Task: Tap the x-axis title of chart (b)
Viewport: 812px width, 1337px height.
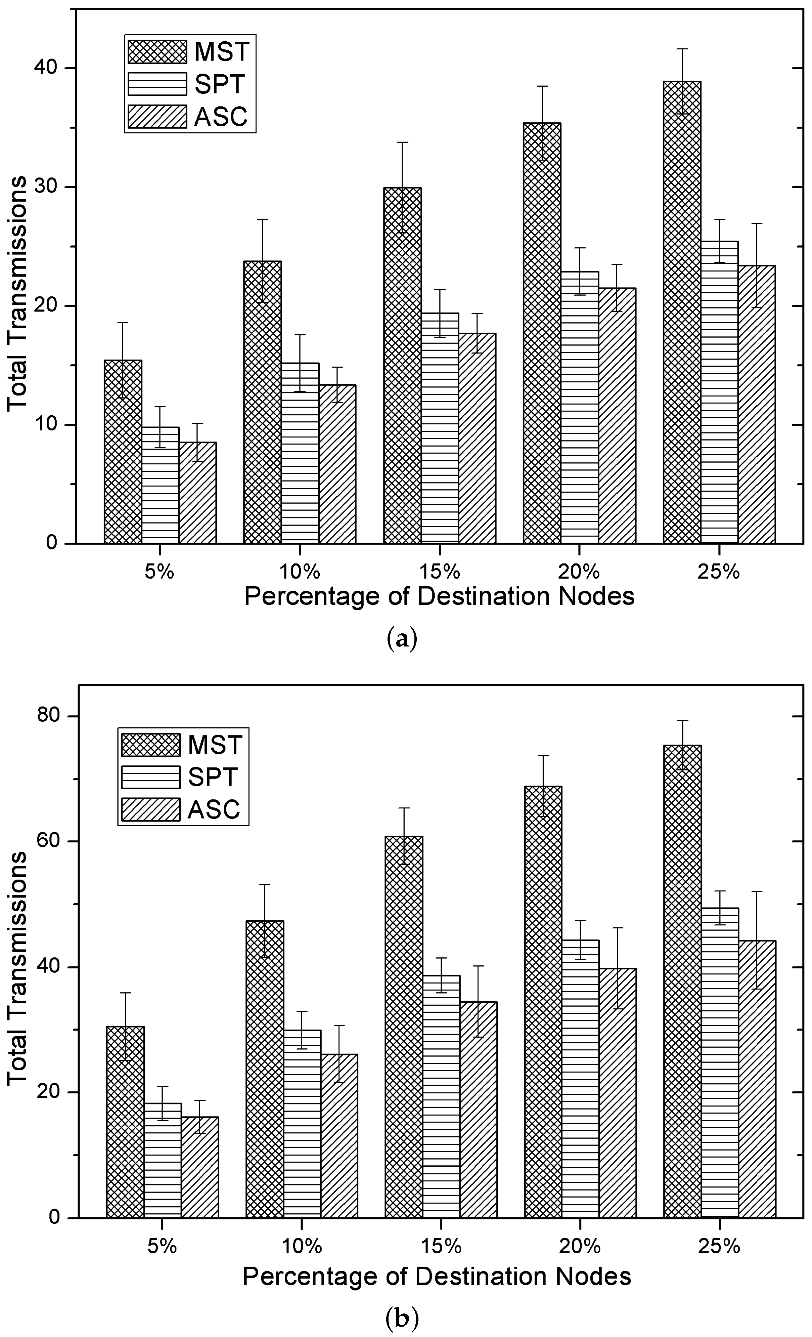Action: click(437, 1276)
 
